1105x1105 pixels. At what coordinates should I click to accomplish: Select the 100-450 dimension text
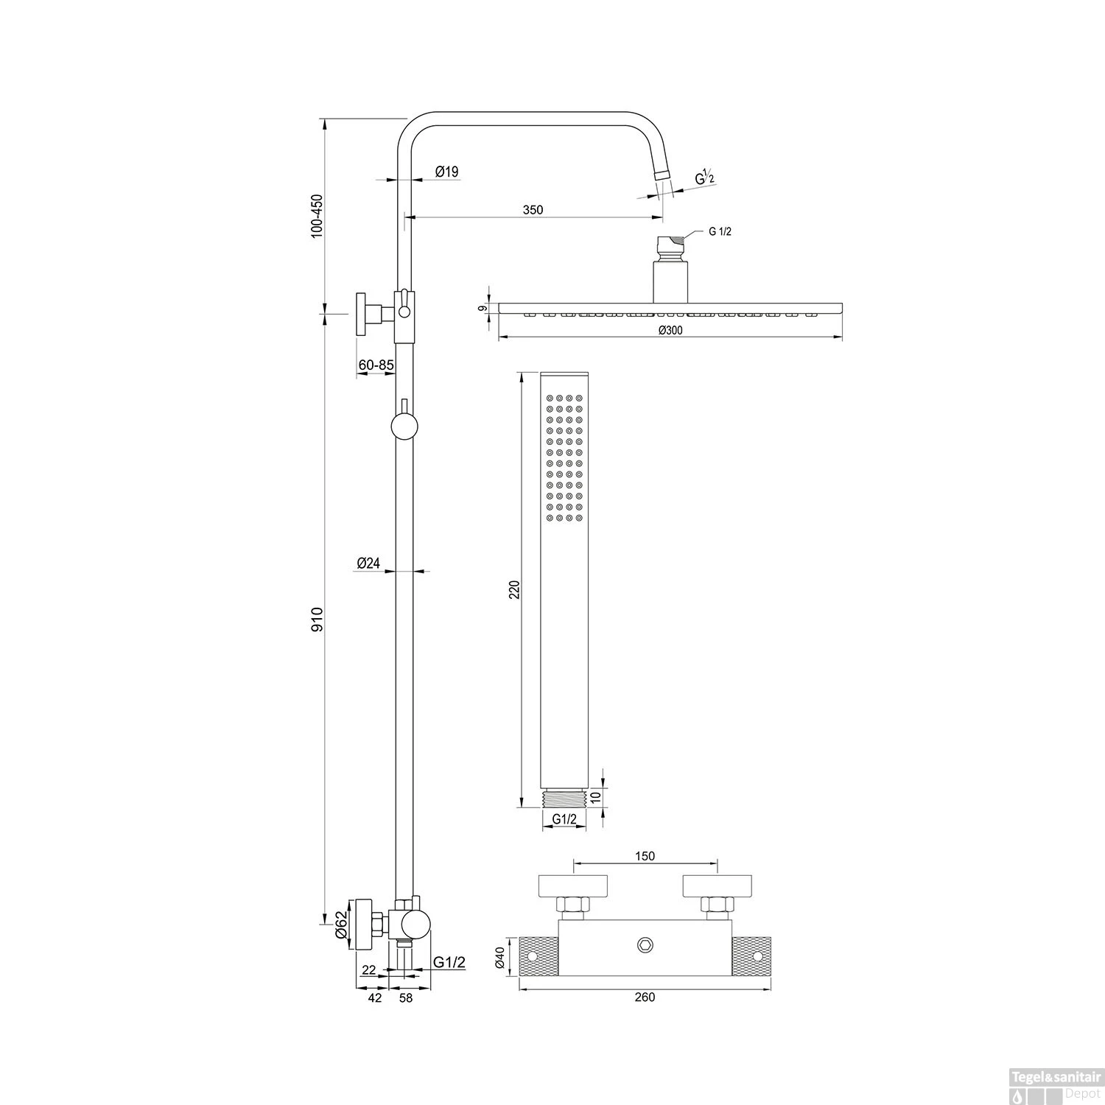coord(317,215)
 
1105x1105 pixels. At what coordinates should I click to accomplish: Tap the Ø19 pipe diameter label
coord(446,172)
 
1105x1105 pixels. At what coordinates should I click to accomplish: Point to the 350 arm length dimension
coord(533,210)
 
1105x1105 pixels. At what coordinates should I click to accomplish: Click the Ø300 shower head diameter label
coord(670,330)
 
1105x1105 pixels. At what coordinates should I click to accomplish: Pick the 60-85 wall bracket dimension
coord(376,365)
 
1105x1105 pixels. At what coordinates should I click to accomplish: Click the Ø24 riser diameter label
coord(368,563)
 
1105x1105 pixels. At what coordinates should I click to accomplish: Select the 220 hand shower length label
coord(515,589)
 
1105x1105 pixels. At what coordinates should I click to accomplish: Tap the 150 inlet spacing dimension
coord(645,856)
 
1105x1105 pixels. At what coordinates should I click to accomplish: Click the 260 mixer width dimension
coord(645,997)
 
